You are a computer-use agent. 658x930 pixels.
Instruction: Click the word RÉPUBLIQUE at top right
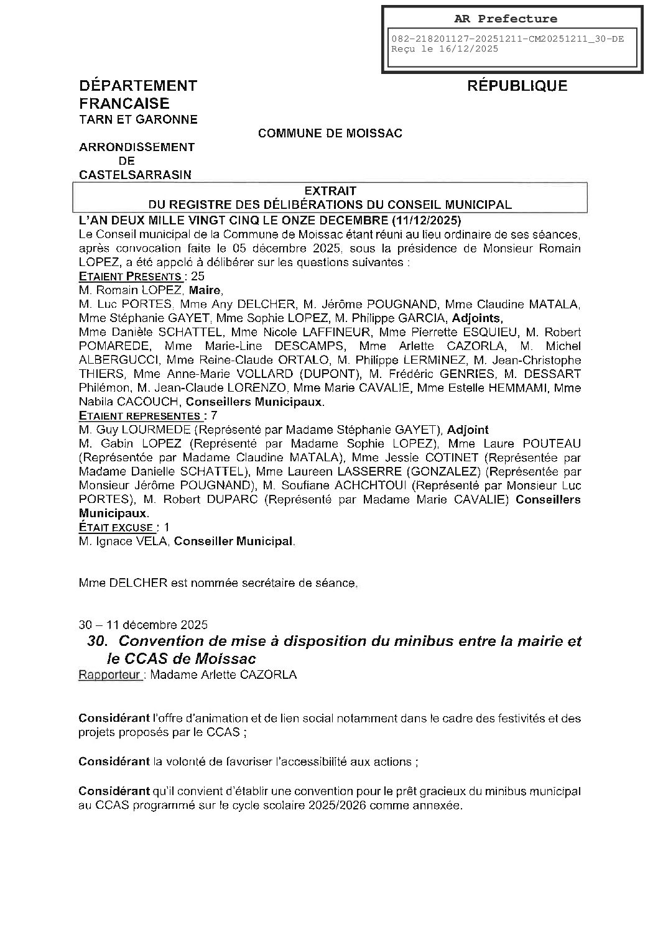coord(517,86)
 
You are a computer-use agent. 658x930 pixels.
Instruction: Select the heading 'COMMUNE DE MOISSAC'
coord(330,133)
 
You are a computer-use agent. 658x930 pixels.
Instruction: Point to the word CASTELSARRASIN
coord(135,175)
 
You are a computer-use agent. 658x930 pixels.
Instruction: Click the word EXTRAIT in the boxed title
coord(330,191)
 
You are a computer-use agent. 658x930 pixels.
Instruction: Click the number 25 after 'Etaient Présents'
coord(198,277)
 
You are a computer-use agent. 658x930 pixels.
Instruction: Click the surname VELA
coord(151,541)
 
